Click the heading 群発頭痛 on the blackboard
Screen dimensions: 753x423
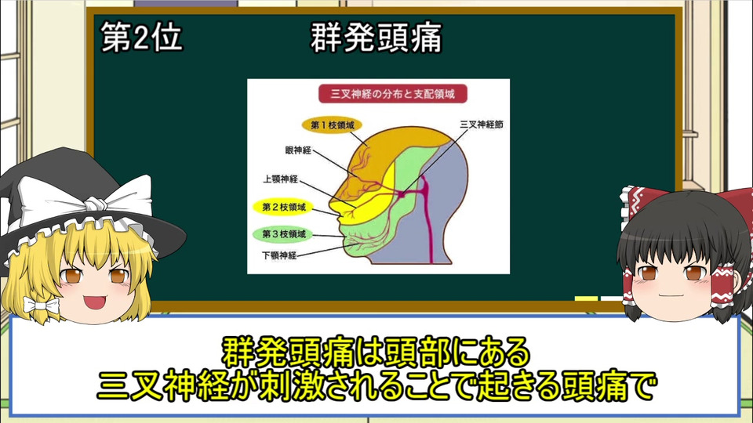[376, 38]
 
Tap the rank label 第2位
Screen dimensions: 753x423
[142, 38]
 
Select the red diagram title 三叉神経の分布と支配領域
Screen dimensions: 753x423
[392, 94]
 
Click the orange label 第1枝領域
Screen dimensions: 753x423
[332, 125]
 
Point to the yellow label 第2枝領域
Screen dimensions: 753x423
[283, 207]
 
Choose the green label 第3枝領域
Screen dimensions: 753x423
[283, 234]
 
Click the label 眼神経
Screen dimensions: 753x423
[298, 150]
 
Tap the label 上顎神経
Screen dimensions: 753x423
[281, 179]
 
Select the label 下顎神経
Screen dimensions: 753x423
[279, 255]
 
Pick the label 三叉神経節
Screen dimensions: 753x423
[482, 125]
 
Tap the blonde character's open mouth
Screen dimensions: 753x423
[95, 302]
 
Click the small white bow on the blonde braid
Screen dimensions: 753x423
[41, 305]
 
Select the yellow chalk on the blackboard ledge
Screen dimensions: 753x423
[586, 298]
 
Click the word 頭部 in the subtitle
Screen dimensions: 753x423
[417, 353]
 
